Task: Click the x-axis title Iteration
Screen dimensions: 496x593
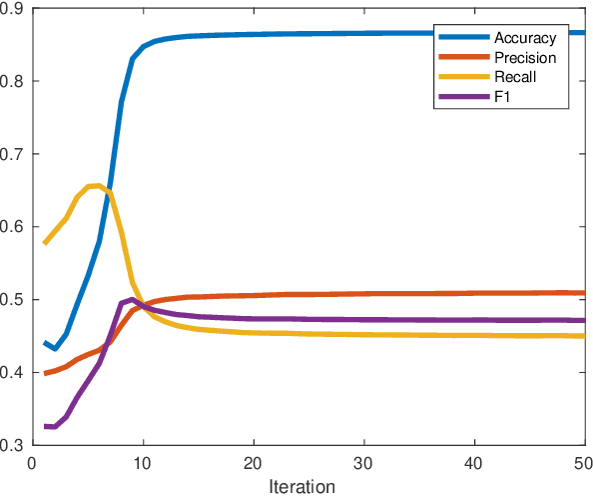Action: click(x=301, y=487)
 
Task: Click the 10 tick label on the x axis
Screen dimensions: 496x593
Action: click(x=143, y=463)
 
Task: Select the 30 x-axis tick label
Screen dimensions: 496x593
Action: click(x=364, y=463)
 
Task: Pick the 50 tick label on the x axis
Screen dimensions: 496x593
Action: click(x=584, y=463)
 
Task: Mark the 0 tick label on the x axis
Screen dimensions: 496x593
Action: click(x=33, y=463)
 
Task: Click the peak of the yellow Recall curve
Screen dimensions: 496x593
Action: click(x=94, y=185)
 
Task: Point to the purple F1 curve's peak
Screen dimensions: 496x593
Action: click(x=132, y=299)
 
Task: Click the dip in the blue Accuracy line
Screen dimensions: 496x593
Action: click(x=56, y=348)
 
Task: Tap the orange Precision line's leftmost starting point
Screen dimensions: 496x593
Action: click(x=44, y=373)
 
